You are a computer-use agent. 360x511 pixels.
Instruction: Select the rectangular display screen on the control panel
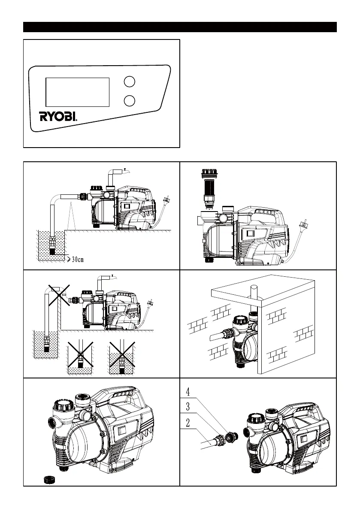[x=77, y=92]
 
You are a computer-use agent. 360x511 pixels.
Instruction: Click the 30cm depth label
[x=78, y=259]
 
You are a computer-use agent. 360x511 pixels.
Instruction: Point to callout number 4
[x=188, y=391]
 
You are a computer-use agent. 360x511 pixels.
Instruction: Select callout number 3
[x=188, y=406]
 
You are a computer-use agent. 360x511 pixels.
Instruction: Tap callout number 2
[x=188, y=422]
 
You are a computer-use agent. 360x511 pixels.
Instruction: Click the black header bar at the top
[x=180, y=27]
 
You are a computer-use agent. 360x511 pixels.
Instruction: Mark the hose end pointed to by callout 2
[x=210, y=442]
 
